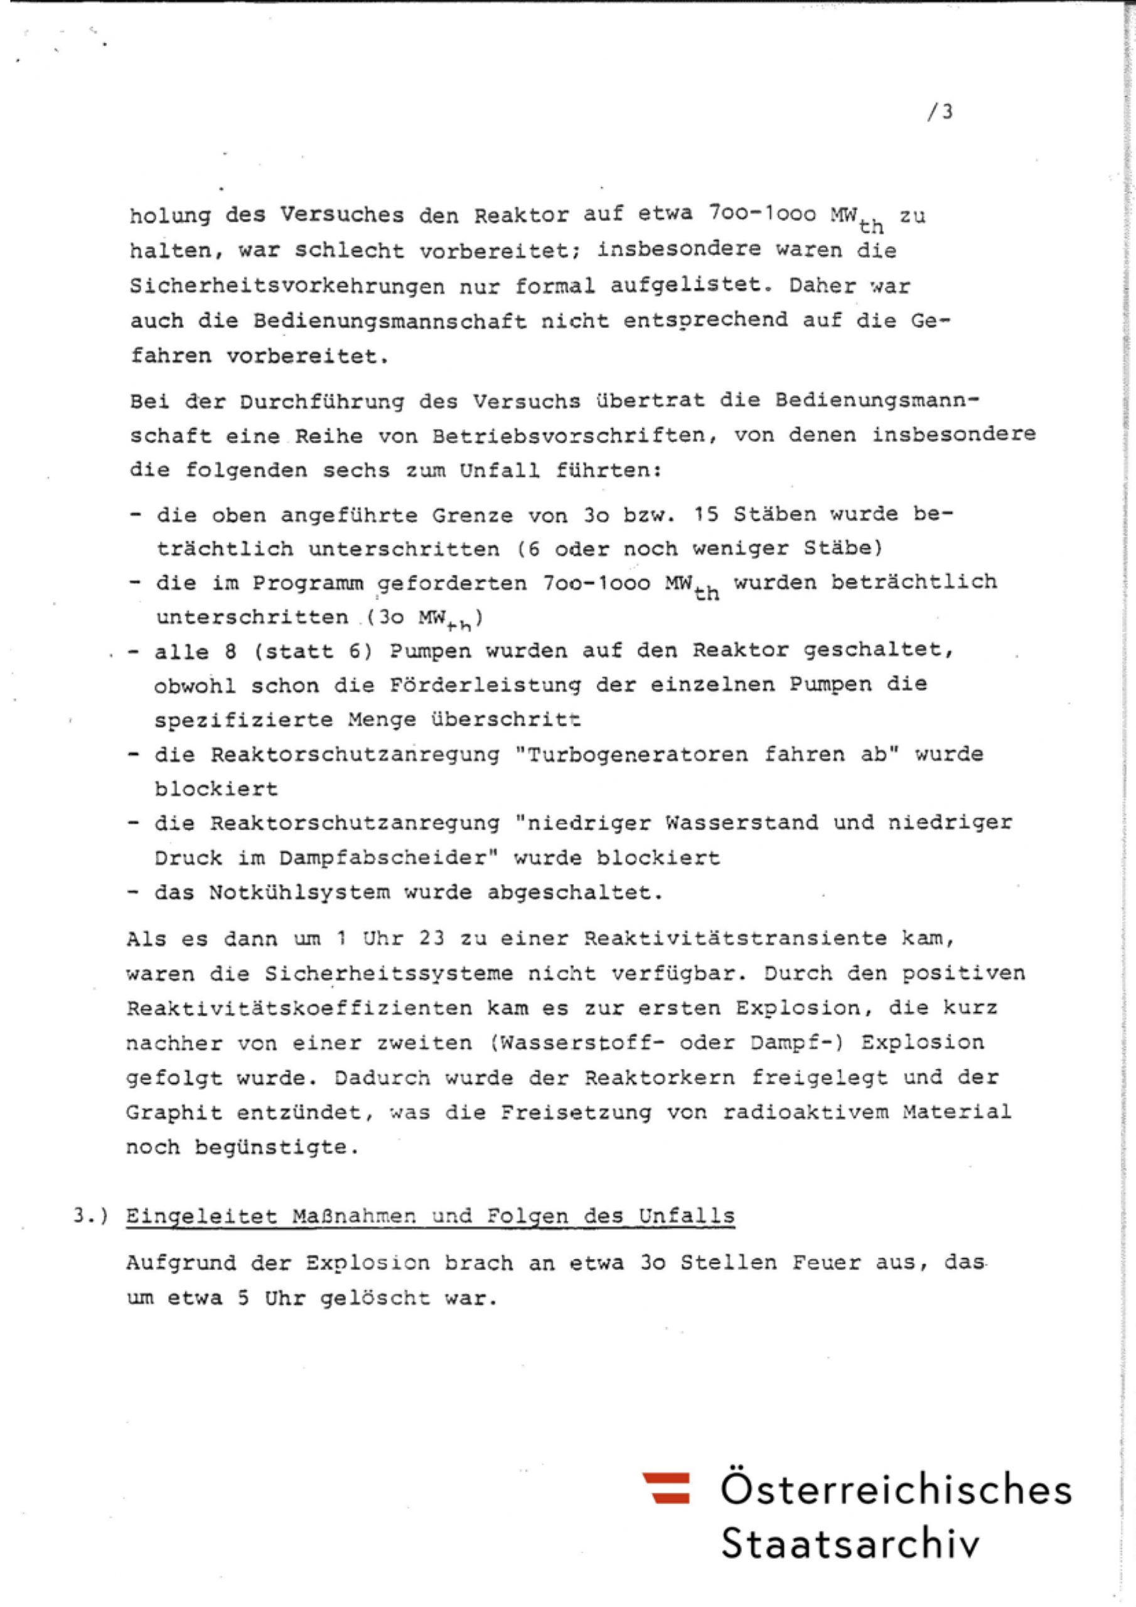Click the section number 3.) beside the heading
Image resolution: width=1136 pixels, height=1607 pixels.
tap(91, 1216)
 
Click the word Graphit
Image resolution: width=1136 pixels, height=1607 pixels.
tap(174, 1112)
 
